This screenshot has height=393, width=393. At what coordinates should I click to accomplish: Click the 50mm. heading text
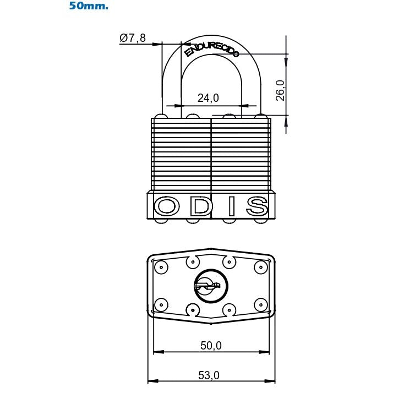(88, 7)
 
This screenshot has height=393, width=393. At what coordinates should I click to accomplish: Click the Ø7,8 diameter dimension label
(133, 38)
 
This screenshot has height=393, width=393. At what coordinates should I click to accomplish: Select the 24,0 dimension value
(208, 98)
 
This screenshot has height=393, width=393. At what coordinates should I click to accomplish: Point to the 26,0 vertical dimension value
(280, 90)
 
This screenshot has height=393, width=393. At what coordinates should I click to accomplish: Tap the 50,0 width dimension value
(210, 345)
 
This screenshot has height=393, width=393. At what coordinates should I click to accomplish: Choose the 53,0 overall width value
(209, 375)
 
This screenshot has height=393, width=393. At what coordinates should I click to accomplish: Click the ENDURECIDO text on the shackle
(212, 49)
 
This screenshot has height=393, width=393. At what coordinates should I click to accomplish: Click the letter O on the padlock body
(167, 206)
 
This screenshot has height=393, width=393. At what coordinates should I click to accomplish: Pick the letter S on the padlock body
(256, 206)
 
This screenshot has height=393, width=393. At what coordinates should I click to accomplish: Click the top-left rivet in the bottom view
(161, 268)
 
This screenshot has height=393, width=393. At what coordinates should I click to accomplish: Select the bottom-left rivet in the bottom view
(161, 303)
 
